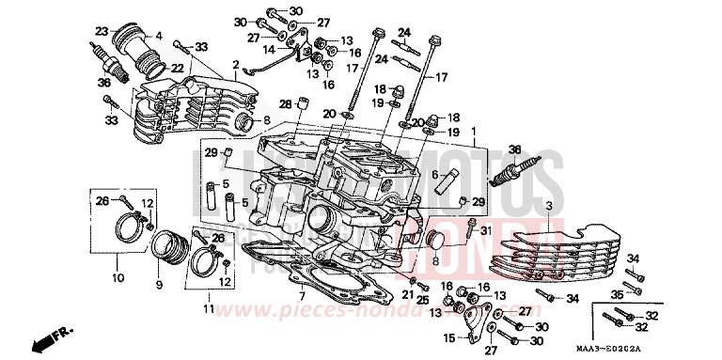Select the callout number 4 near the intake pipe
point(159,37)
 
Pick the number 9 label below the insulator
point(159,285)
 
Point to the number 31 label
point(486,231)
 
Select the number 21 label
point(408,294)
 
